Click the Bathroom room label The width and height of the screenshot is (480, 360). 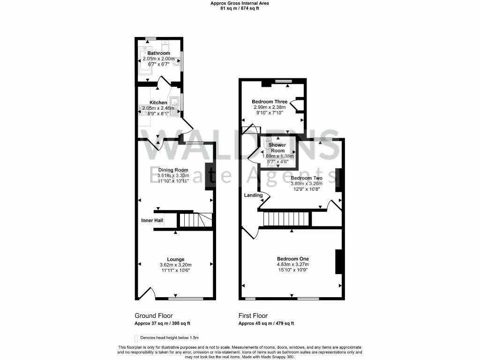tap(158, 53)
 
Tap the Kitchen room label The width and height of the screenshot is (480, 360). tap(158, 103)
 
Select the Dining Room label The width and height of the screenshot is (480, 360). tap(173, 170)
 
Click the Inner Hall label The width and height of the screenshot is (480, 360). tap(152, 220)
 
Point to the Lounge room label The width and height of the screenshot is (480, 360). tap(175, 259)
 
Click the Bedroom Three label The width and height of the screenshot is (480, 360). tap(270, 102)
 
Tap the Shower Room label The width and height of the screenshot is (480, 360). tap(277, 148)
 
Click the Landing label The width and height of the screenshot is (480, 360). tap(253, 195)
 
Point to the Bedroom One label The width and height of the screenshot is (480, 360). tap(292, 259)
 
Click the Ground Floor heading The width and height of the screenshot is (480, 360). tap(150, 316)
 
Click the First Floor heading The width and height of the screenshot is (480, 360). tap(253, 316)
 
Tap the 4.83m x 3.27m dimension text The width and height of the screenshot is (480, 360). tap(292, 265)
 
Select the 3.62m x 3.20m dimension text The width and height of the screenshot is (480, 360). tap(175, 265)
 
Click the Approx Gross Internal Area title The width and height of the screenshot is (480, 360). tap(240, 3)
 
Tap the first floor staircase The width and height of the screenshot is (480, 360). tap(287, 218)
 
